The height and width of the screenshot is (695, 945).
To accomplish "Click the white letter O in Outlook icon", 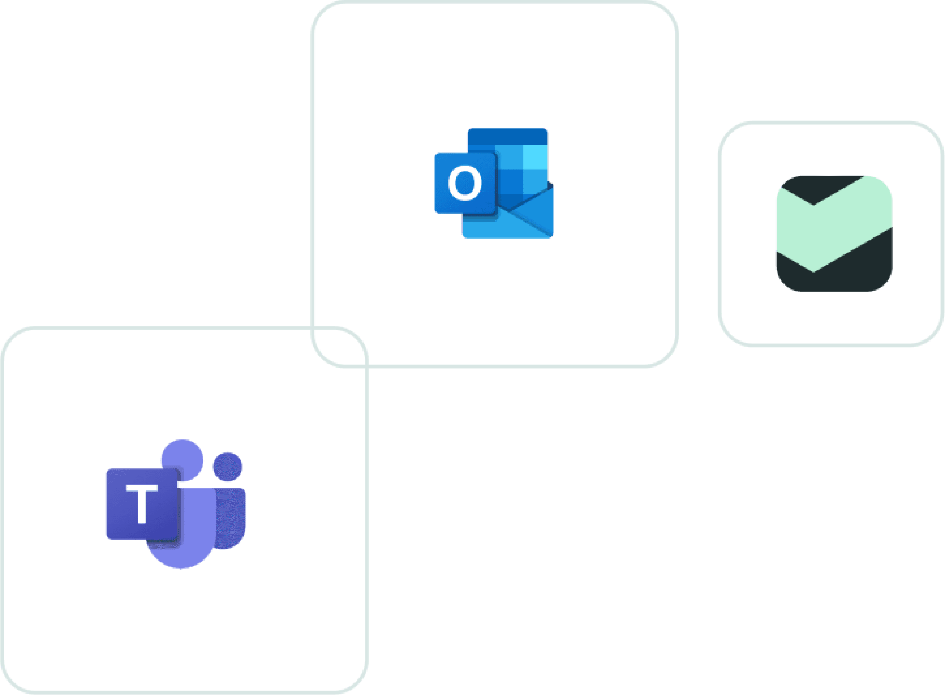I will point(464,183).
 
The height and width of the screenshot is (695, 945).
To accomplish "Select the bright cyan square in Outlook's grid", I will point(535,157).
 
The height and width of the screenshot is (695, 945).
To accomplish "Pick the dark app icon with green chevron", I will point(834,233).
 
